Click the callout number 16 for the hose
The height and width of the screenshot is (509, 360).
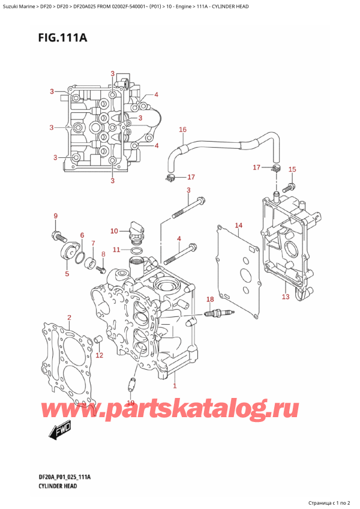coord(183,129)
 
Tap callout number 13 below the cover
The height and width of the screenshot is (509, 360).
coord(286,297)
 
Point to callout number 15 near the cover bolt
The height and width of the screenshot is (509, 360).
coord(292,170)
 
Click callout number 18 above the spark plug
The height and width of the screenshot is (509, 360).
coord(209,299)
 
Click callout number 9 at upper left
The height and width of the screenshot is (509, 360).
coord(55,216)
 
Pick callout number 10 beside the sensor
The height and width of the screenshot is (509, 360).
coord(114,231)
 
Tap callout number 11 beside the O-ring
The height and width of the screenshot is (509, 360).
coord(118,249)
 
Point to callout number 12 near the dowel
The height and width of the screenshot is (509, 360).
coord(100,355)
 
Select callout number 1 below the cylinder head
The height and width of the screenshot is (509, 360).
coord(175,386)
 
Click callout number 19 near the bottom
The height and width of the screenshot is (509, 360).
coord(131,403)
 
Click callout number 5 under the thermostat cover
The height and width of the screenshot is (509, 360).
coord(67,274)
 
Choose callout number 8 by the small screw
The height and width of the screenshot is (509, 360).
coord(103,254)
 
